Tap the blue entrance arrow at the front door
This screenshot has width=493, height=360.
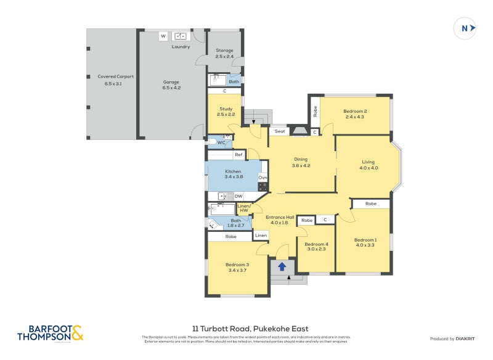(x=282, y=267)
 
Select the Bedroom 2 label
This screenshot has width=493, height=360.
(x=355, y=111)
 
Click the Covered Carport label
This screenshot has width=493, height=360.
(x=115, y=76)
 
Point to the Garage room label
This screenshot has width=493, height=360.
(x=171, y=82)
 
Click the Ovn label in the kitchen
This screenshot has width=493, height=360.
(x=263, y=178)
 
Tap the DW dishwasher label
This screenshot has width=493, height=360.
(x=238, y=196)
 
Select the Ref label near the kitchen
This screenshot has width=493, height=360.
(x=238, y=155)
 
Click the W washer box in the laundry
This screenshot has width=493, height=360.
(x=163, y=36)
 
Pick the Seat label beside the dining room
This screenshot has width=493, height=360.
(x=280, y=131)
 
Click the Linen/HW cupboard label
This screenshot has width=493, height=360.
(x=243, y=208)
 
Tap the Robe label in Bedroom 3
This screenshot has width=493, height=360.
(x=230, y=236)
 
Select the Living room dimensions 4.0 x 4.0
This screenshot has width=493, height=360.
(x=369, y=168)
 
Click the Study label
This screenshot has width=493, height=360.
(x=226, y=109)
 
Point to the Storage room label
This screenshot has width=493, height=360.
(x=224, y=51)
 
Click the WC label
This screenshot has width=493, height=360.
(x=221, y=142)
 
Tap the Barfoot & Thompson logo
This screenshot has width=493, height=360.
(x=50, y=333)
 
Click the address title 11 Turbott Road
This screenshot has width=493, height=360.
(x=250, y=329)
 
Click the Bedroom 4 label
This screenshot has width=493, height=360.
(x=316, y=244)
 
